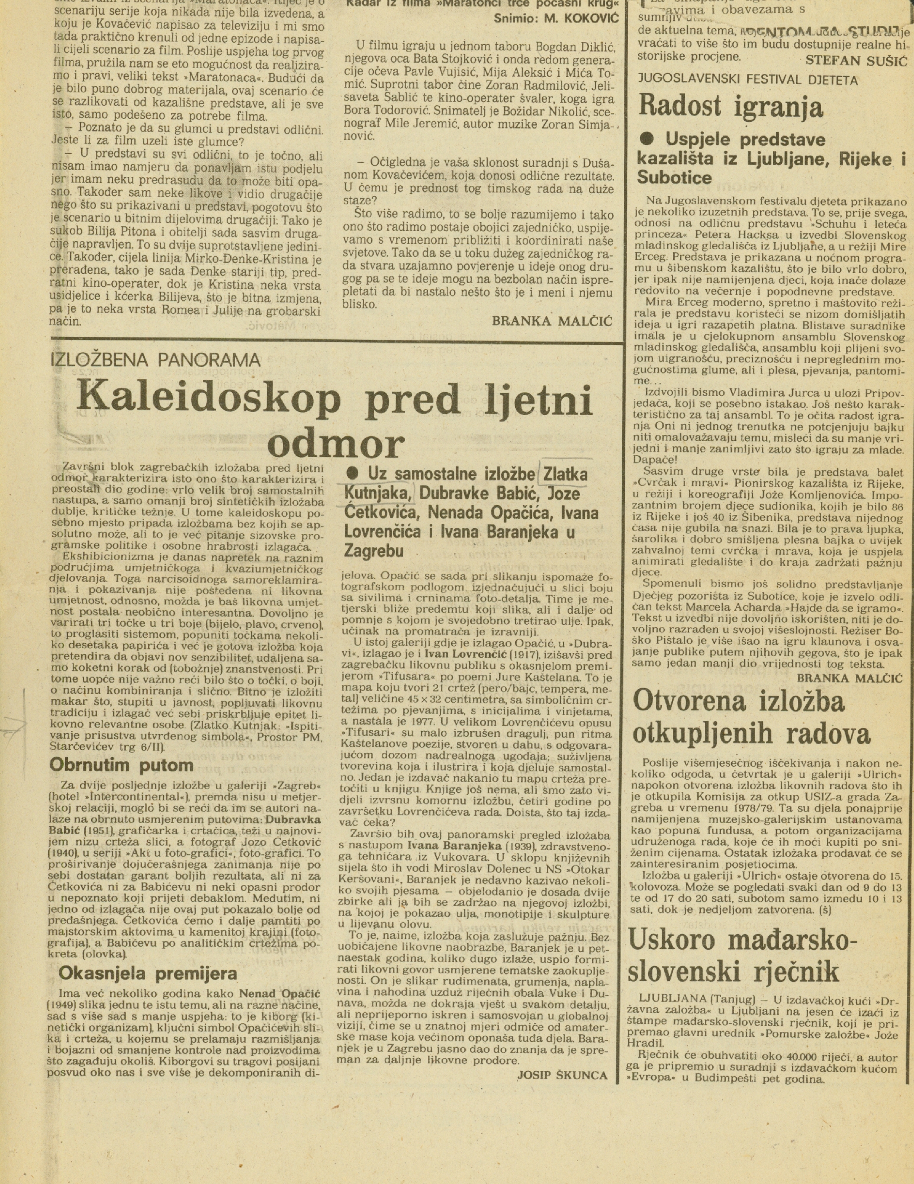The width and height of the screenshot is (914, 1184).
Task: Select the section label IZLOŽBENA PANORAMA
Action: (156, 359)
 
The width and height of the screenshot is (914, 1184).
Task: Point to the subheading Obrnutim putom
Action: (122, 765)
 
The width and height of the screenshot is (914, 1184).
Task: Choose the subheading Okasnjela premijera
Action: (147, 973)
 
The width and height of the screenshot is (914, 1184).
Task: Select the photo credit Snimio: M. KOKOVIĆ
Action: (556, 18)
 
